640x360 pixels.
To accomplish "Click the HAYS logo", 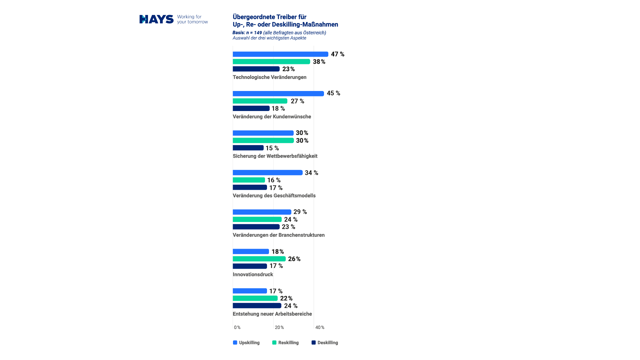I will [156, 19].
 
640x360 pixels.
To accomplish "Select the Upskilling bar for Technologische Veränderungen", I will [280, 54].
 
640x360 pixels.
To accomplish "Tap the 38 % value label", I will [319, 62].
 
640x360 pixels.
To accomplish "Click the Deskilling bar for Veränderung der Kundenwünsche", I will [251, 108].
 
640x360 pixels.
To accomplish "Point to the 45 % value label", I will [333, 93].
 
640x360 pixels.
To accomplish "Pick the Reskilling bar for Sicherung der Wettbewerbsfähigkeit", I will [263, 140].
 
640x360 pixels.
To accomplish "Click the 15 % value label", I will [272, 148].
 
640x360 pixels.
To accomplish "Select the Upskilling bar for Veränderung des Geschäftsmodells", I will [267, 173].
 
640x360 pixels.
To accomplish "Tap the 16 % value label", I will [274, 180].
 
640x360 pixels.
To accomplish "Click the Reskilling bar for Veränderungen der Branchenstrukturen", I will [257, 219].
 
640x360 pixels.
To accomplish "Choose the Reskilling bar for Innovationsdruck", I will [259, 259].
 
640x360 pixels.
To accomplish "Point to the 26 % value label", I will [294, 259].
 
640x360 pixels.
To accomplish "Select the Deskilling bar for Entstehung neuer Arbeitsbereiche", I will [257, 306].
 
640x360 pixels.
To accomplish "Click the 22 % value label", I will [286, 298].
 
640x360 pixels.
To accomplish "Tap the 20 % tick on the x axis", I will [279, 328].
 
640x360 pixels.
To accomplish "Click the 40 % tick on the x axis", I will [320, 328].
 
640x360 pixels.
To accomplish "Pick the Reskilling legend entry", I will [286, 343].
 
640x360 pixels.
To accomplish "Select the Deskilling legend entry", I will [325, 343].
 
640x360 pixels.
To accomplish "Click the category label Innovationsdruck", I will [253, 274].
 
